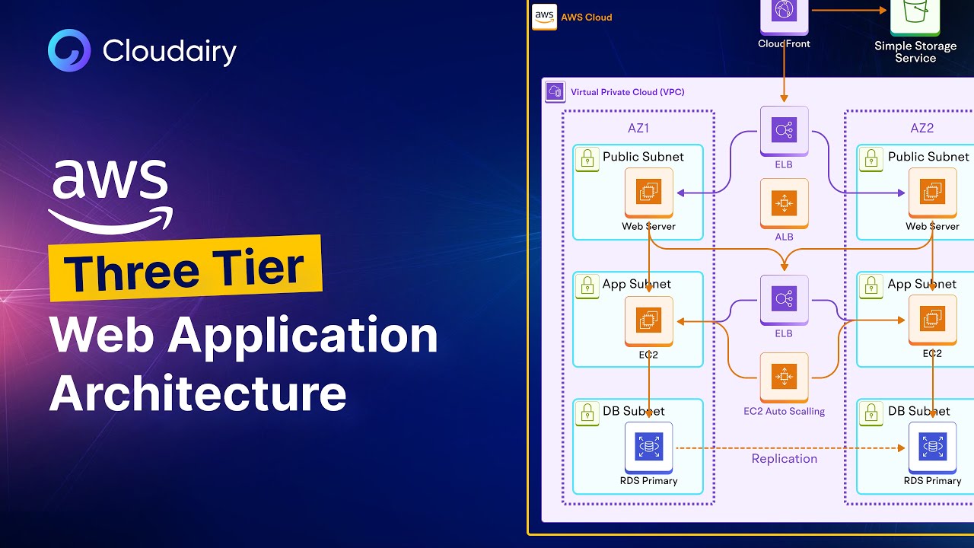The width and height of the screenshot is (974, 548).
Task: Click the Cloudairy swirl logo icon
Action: click(69, 50)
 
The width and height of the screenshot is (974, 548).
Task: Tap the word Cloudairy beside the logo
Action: click(170, 51)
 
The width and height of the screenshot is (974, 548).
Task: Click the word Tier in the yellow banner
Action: click(258, 266)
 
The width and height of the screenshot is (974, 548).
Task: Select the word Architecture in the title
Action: click(198, 393)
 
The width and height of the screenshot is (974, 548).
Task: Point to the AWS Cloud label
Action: click(586, 18)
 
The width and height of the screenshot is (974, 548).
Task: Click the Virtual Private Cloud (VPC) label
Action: click(628, 92)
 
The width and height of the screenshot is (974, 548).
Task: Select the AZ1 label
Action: click(638, 129)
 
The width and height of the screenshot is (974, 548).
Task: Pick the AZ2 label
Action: click(921, 129)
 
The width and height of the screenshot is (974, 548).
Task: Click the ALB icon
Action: click(784, 203)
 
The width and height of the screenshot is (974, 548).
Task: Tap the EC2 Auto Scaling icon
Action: click(784, 377)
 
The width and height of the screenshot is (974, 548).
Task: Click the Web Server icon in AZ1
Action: click(649, 193)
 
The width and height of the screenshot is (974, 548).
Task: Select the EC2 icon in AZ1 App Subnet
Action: click(649, 321)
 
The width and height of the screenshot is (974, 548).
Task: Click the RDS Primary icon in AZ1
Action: click(649, 448)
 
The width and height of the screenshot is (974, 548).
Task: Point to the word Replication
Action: click(785, 459)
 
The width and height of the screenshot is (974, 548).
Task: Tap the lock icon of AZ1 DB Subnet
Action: click(587, 413)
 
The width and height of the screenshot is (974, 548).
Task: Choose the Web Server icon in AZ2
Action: click(933, 193)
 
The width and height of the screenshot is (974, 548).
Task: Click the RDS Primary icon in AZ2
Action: click(933, 448)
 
